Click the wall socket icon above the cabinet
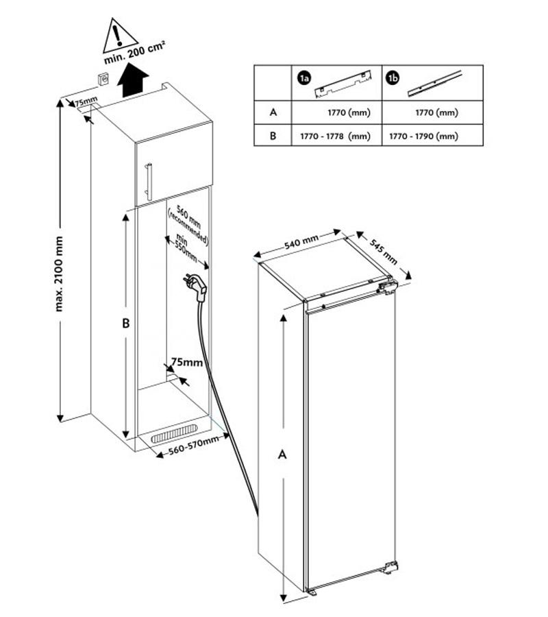104,79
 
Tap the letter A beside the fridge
281,454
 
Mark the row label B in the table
273,136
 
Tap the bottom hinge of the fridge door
390,567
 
